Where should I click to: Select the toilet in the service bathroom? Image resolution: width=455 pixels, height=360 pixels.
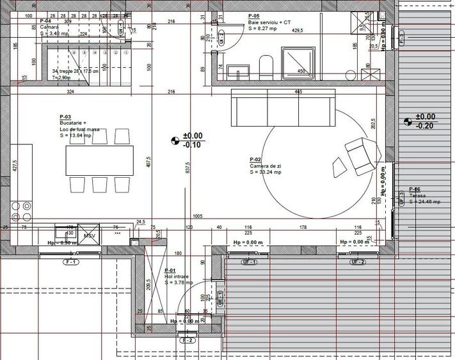click(x=266, y=66)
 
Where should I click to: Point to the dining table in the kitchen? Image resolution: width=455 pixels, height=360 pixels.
click(x=99, y=160)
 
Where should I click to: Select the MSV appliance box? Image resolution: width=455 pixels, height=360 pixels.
click(x=90, y=235)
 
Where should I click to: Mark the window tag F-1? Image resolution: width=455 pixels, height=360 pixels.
click(x=70, y=263)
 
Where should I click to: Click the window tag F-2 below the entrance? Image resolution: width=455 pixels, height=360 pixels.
click(x=188, y=340)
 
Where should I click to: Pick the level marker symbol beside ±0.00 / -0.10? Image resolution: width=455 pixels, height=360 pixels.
click(x=175, y=140)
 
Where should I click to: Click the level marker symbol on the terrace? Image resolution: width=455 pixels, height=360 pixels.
click(x=407, y=121)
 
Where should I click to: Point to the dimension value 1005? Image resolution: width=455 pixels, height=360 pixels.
click(x=198, y=217)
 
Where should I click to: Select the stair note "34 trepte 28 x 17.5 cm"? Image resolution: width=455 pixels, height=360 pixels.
click(x=76, y=71)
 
